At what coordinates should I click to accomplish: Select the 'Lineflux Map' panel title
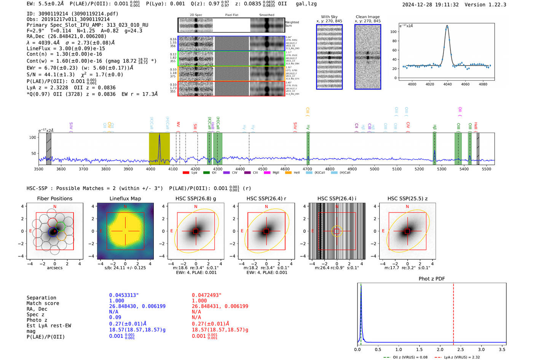tap(125, 198)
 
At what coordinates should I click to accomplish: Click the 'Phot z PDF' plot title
tap(431, 279)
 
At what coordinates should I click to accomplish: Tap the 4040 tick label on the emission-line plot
tap(447, 84)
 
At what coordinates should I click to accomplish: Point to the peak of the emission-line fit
tap(447, 26)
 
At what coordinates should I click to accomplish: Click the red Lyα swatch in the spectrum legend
tap(186, 173)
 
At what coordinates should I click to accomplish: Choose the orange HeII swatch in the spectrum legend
tap(288, 173)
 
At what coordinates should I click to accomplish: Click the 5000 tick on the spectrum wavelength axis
tap(375, 169)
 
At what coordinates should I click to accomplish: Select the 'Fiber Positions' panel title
tap(54, 198)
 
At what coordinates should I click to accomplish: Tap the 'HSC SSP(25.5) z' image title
tap(407, 198)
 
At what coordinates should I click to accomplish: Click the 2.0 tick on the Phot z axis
tap(440, 349)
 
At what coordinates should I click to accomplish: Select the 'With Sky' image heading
tap(329, 17)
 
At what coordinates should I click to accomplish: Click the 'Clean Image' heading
tap(367, 17)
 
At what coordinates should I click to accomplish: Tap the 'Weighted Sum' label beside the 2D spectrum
tap(292, 24)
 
